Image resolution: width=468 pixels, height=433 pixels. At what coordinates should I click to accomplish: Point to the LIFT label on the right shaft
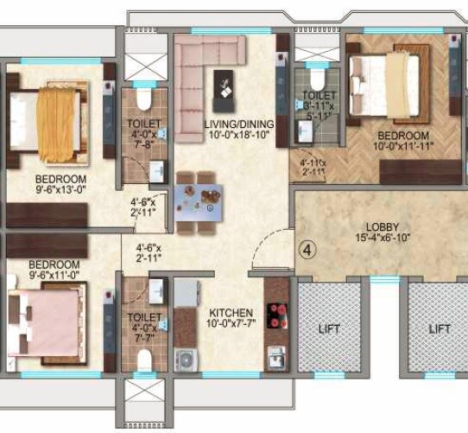coord(440,329)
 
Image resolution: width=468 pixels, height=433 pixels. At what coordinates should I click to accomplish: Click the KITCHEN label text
coord(231,313)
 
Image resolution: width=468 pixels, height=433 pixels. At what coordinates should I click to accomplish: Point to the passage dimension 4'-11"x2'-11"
coord(313,167)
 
